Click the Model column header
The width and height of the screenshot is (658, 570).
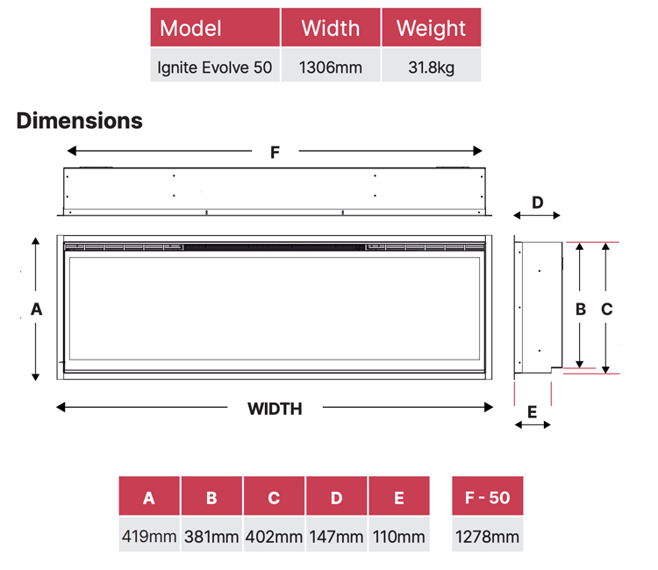pyautogui.click(x=215, y=27)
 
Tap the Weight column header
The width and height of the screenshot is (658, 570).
pyautogui.click(x=431, y=27)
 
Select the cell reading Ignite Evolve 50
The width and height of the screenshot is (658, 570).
pyautogui.click(x=214, y=68)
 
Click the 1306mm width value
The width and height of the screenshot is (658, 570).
pyautogui.click(x=330, y=68)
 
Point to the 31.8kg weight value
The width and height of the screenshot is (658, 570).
pyautogui.click(x=431, y=68)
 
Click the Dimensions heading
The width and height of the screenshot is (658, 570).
pyautogui.click(x=79, y=121)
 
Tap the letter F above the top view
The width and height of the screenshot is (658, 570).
pyautogui.click(x=275, y=153)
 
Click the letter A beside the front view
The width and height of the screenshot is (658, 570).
pyautogui.click(x=37, y=310)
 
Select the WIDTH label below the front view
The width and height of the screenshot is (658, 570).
pyautogui.click(x=275, y=409)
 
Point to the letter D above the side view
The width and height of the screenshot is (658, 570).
pyautogui.click(x=538, y=203)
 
